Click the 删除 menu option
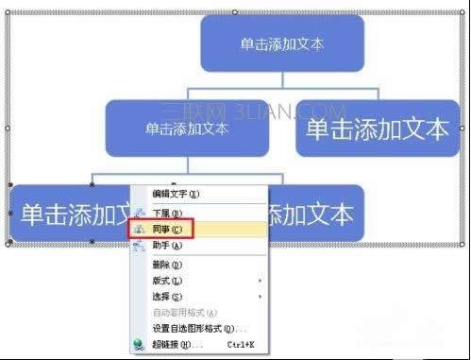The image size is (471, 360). tap(168, 265)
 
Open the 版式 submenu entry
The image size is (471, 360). tap(168, 281)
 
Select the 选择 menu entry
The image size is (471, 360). tap(168, 297)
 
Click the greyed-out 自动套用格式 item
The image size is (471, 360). tap(185, 313)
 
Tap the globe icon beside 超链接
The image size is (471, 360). tap(140, 345)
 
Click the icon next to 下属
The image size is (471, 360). tap(140, 214)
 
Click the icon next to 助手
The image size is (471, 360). tap(140, 246)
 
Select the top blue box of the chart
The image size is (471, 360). tap(282, 43)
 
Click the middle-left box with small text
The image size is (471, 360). tap(187, 127)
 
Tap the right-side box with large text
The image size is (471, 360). tap(378, 129)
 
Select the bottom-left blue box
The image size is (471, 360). tap(66, 213)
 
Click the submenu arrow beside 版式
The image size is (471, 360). tap(260, 281)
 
